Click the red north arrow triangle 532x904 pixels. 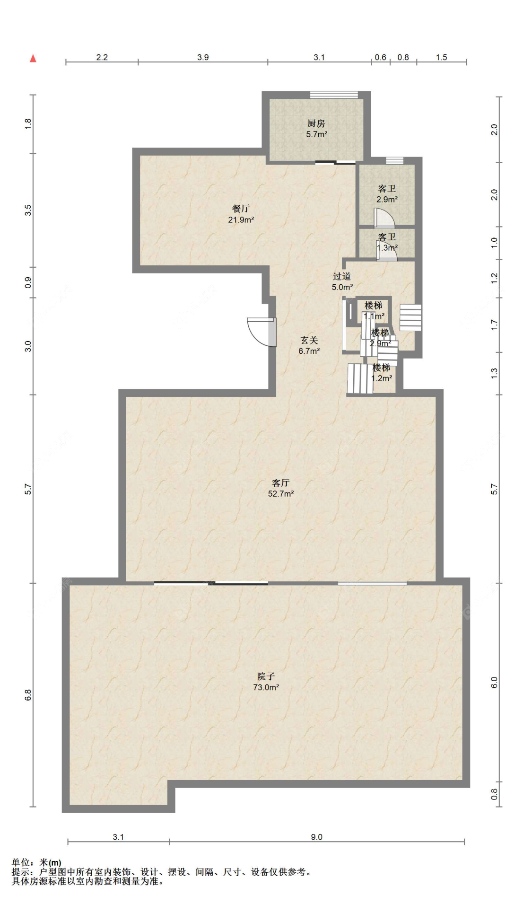(33, 58)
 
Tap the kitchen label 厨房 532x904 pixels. (316, 123)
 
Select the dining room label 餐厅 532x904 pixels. (241, 209)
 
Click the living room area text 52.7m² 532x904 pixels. (281, 494)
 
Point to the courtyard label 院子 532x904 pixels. (266, 676)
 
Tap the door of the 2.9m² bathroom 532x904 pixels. (384, 218)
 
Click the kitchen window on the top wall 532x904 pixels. (334, 95)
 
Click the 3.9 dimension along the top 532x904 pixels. (203, 57)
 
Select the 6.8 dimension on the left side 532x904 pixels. (28, 695)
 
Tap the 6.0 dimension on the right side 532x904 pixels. (494, 683)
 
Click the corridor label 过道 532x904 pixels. (341, 276)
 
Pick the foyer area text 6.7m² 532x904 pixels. (309, 351)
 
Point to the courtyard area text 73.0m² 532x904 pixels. (266, 687)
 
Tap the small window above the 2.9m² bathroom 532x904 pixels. (394, 161)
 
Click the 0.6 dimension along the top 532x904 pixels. (381, 57)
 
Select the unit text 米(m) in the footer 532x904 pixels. (51, 862)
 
